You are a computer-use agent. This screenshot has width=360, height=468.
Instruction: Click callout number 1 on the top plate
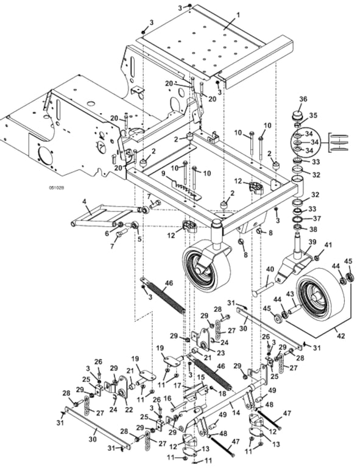pos(238,15)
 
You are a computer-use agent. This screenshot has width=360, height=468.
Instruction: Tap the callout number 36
pos(303,99)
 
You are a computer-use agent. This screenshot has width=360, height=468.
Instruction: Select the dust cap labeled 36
pos(297,115)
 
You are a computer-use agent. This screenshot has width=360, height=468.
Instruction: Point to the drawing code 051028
pos(57,188)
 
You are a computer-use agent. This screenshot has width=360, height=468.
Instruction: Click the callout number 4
pos(84,202)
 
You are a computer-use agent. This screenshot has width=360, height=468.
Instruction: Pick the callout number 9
pos(163,173)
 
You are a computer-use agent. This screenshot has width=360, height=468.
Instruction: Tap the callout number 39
pos(312,243)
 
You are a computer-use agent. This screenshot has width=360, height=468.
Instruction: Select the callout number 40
pos(270,269)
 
